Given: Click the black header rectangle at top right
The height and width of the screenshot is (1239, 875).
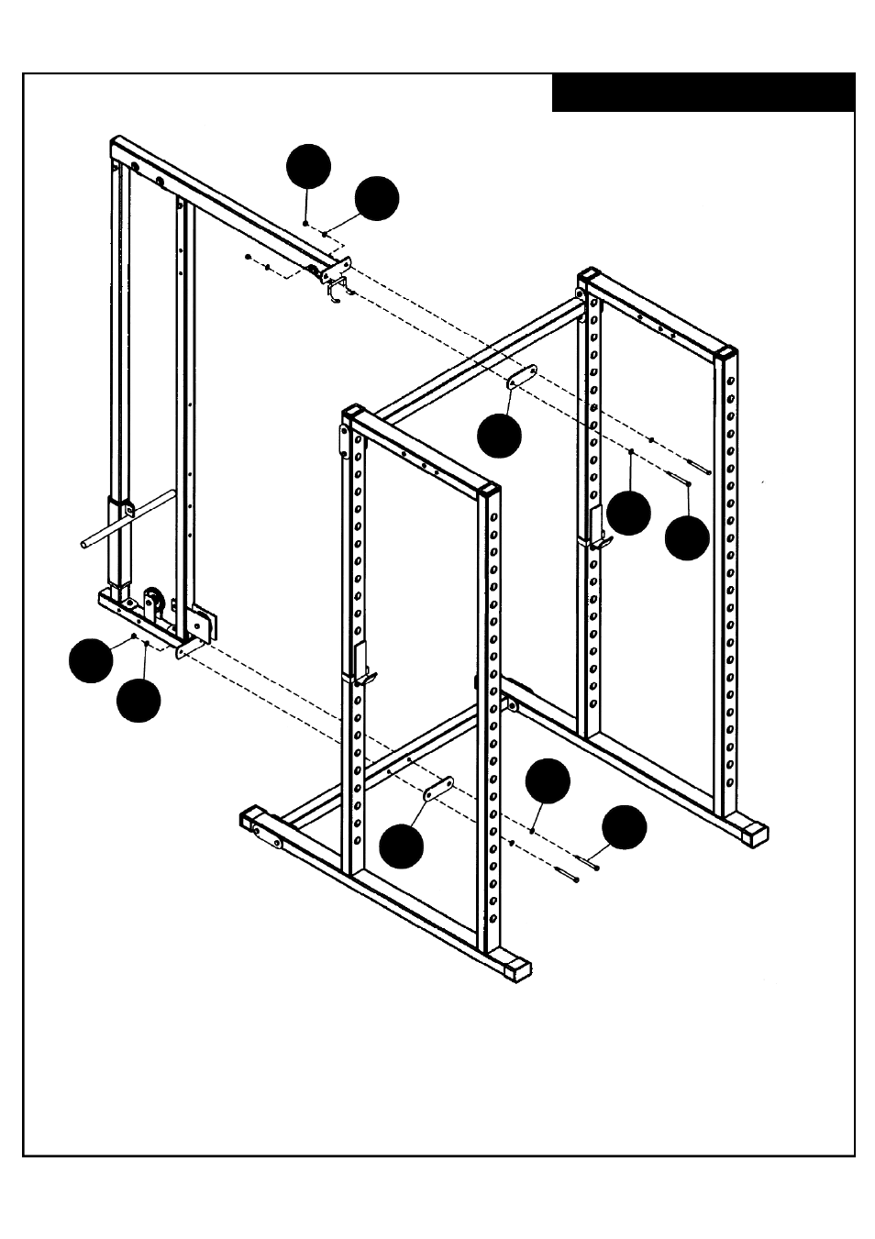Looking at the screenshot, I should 703,93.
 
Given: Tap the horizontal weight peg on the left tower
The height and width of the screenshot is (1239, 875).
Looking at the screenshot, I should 128,521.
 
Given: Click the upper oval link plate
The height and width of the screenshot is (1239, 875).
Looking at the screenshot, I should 521,377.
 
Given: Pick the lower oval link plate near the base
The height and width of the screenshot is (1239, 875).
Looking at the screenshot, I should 437,788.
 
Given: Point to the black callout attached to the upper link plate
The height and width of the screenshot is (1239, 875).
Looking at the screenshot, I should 499,436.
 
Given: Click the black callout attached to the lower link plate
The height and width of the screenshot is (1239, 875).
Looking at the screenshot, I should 402,846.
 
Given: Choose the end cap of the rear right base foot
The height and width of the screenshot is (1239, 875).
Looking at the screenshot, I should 756,834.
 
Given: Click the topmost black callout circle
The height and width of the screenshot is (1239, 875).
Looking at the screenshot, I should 308,166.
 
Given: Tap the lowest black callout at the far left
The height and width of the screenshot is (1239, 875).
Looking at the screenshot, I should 138,700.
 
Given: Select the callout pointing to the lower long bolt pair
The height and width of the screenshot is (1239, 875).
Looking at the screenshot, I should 624,827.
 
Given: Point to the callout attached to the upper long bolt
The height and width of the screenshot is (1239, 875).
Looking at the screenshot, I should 687,537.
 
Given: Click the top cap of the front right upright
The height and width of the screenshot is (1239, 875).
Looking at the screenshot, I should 491,489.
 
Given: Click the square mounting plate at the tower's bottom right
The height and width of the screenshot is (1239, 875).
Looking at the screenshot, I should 205,625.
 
